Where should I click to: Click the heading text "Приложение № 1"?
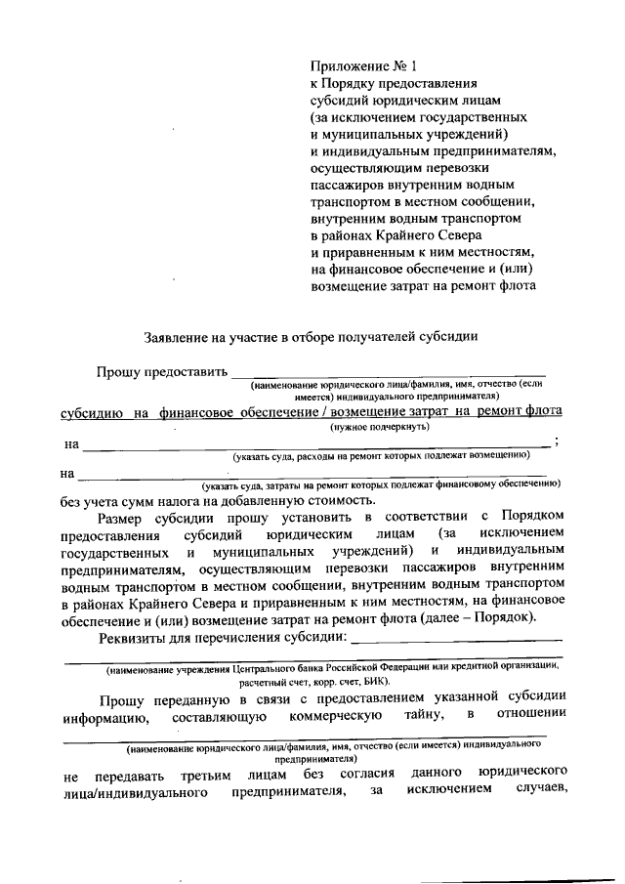(362, 66)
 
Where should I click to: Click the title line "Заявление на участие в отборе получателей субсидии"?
(311, 338)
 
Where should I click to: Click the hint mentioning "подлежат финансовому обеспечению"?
(381, 484)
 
